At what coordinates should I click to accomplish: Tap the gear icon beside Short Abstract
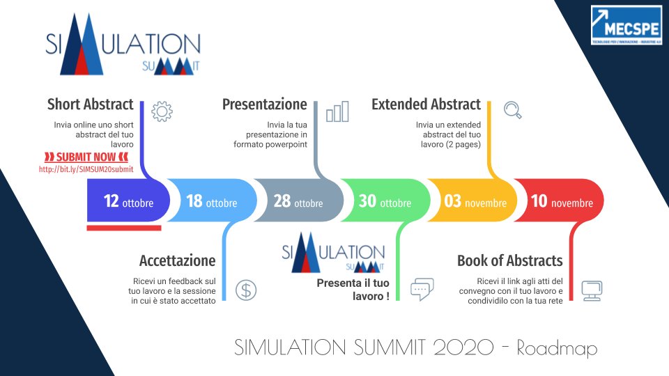[x=161, y=111]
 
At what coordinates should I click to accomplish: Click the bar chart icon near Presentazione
[x=337, y=111]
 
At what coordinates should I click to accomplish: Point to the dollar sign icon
[x=245, y=290]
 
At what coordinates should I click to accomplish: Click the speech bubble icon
[x=422, y=289]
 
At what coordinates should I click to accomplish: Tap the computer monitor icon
[x=591, y=290]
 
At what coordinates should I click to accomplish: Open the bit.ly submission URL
[x=86, y=169]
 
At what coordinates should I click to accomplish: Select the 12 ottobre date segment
[x=128, y=202]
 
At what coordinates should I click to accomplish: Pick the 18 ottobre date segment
[x=211, y=202]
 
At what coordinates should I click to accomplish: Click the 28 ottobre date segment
[x=298, y=202]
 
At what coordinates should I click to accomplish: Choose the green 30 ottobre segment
[x=384, y=202]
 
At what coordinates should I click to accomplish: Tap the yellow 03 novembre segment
[x=475, y=202]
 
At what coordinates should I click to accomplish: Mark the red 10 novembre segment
[x=561, y=202]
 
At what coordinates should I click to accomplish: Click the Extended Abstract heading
[x=426, y=104]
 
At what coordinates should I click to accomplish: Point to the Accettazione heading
[x=177, y=261]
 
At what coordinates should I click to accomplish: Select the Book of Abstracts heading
[x=509, y=261]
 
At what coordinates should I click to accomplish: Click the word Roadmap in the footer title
[x=557, y=348]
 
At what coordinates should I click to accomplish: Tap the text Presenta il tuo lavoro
[x=353, y=290]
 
